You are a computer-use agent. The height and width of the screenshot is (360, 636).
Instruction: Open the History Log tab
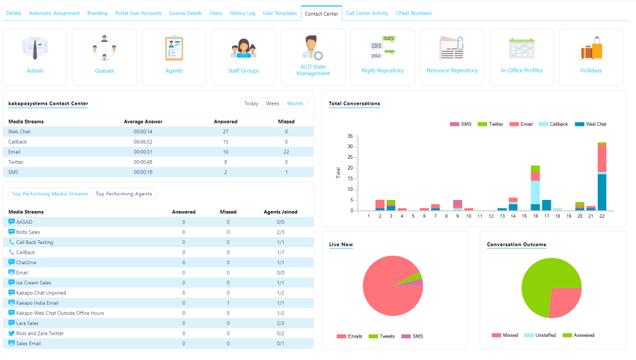coord(243,13)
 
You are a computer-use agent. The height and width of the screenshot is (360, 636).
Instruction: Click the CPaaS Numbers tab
coord(413,13)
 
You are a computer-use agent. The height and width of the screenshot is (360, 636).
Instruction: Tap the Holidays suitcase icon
coord(591,49)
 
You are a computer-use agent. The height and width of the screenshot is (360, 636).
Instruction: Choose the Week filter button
coord(273,103)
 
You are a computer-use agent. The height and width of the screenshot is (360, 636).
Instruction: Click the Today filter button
coord(251,103)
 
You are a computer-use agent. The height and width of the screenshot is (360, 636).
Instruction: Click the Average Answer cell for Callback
coord(143,141)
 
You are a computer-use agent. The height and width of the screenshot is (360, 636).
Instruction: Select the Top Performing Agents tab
coord(123,194)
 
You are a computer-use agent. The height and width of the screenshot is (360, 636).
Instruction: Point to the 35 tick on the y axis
coord(349,136)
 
